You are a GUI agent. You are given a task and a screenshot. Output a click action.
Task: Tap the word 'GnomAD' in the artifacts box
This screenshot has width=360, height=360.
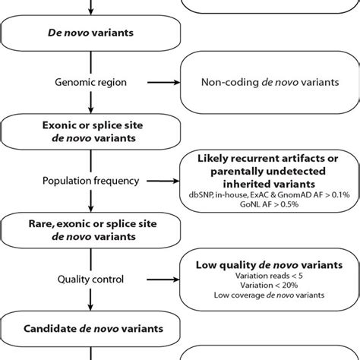pos(286,194)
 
